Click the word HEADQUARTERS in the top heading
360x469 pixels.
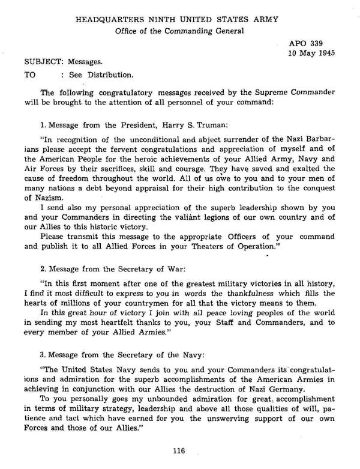[107, 20]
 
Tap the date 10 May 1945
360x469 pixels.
[311, 53]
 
